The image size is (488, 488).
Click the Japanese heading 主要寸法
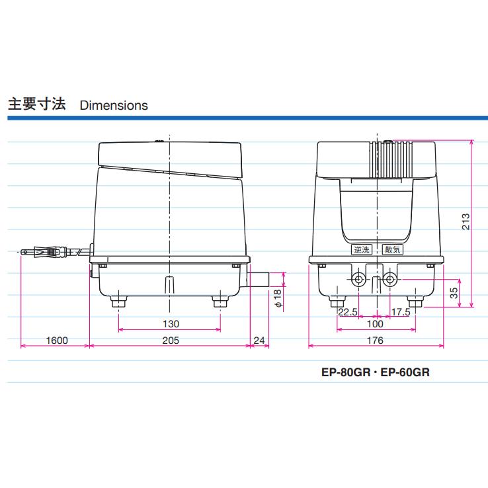[x=36, y=104]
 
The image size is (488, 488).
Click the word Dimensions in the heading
[x=114, y=105]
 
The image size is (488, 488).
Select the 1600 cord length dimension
[x=58, y=341]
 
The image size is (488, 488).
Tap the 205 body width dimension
[x=171, y=341]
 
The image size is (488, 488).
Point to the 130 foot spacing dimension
[x=171, y=324]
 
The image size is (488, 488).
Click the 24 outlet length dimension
[x=259, y=341]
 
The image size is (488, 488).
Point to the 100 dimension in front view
[x=374, y=324]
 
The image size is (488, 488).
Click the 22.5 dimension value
[x=348, y=312]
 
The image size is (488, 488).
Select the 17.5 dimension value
[x=400, y=312]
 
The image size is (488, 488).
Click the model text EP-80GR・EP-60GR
[x=376, y=372]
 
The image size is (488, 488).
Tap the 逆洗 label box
[x=360, y=250]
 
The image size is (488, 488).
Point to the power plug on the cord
[x=46, y=252]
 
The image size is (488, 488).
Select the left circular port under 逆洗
[x=360, y=280]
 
